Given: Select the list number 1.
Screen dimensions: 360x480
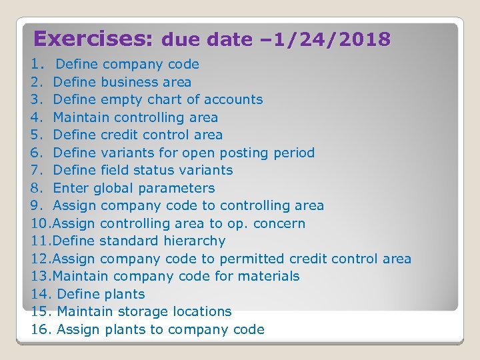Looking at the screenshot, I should point(35,65).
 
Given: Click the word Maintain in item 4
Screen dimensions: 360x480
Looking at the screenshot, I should point(81,117).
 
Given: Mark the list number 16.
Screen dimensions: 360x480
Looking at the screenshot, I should point(41,329).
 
